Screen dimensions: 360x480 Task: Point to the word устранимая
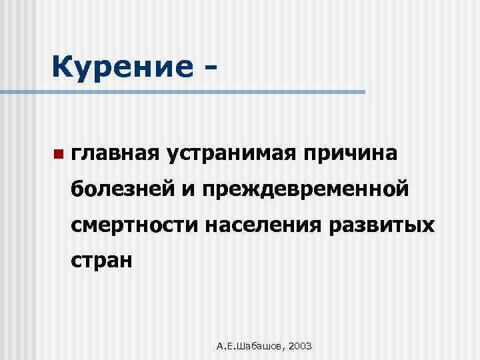234,154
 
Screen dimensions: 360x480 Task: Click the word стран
103,260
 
